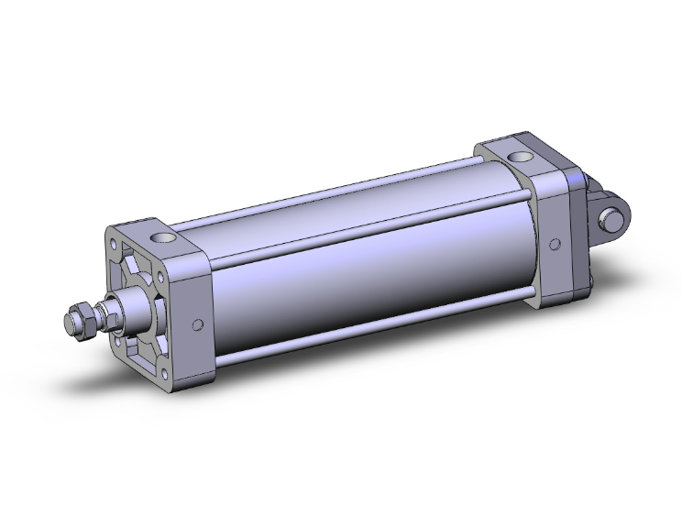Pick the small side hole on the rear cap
[554, 244]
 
